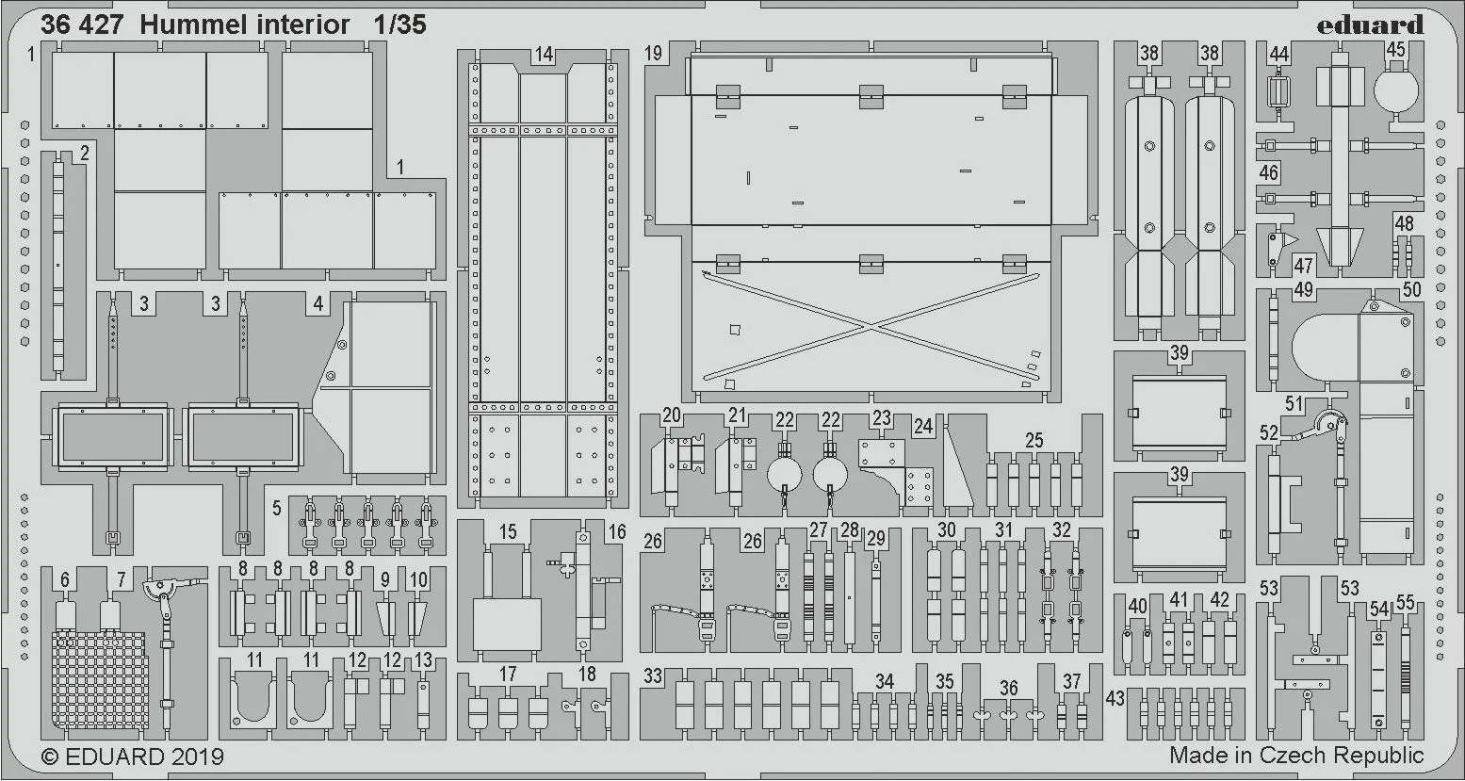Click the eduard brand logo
click(1371, 24)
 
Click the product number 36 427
click(82, 24)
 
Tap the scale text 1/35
click(398, 24)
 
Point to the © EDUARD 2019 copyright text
click(132, 757)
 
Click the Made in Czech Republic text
click(1296, 755)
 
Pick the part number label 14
click(543, 55)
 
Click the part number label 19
click(654, 54)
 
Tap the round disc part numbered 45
click(1396, 90)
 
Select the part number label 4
click(318, 303)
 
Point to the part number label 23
click(881, 418)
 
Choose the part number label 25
click(1034, 440)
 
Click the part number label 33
click(653, 675)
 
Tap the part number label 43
click(1116, 699)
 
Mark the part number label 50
click(1410, 290)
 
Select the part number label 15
click(508, 531)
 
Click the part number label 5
click(276, 508)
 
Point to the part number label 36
click(1008, 688)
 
